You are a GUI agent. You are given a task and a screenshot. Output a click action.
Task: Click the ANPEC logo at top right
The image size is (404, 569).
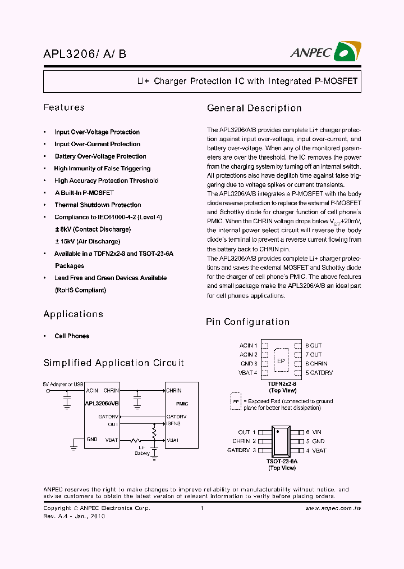pyautogui.click(x=325, y=52)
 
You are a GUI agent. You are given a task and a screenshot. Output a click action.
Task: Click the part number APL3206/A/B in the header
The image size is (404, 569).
pyautogui.click(x=85, y=54)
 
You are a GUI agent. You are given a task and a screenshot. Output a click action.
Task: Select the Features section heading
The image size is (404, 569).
pyautogui.click(x=64, y=107)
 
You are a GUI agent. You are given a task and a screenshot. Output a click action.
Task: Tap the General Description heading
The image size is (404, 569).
pyautogui.click(x=254, y=109)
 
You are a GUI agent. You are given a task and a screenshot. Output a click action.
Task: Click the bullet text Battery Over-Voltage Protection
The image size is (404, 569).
pyautogui.click(x=100, y=156)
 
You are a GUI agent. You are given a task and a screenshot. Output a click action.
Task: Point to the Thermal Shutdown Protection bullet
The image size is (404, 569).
pyautogui.click(x=98, y=205)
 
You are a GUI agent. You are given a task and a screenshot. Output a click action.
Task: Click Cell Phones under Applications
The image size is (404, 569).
pyautogui.click(x=72, y=336)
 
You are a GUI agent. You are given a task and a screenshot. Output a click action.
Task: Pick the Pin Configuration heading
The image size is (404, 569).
pyautogui.click(x=247, y=322)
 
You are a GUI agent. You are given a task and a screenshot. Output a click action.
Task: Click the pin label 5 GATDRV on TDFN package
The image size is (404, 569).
pyautogui.click(x=319, y=373)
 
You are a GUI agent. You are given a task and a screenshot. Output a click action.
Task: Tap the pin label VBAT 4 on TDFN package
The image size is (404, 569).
pyautogui.click(x=248, y=373)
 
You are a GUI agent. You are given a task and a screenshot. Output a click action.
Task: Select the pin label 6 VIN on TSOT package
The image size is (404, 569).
pyautogui.click(x=314, y=432)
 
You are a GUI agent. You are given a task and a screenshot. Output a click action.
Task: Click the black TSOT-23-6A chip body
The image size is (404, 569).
pyautogui.click(x=282, y=441)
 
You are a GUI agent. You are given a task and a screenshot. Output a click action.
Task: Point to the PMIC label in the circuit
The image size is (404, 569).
pyautogui.click(x=182, y=404)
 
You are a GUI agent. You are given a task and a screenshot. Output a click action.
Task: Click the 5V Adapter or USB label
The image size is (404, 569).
pyautogui.click(x=63, y=385)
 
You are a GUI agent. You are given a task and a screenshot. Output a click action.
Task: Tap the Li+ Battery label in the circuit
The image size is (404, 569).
pyautogui.click(x=142, y=450)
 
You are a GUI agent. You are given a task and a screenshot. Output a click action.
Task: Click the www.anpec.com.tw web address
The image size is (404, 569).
pyautogui.click(x=332, y=508)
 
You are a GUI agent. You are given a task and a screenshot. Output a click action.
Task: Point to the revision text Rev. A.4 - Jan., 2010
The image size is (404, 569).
pyautogui.click(x=74, y=516)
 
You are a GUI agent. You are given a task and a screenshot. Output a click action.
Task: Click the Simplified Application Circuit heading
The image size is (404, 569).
pyautogui.click(x=113, y=363)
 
